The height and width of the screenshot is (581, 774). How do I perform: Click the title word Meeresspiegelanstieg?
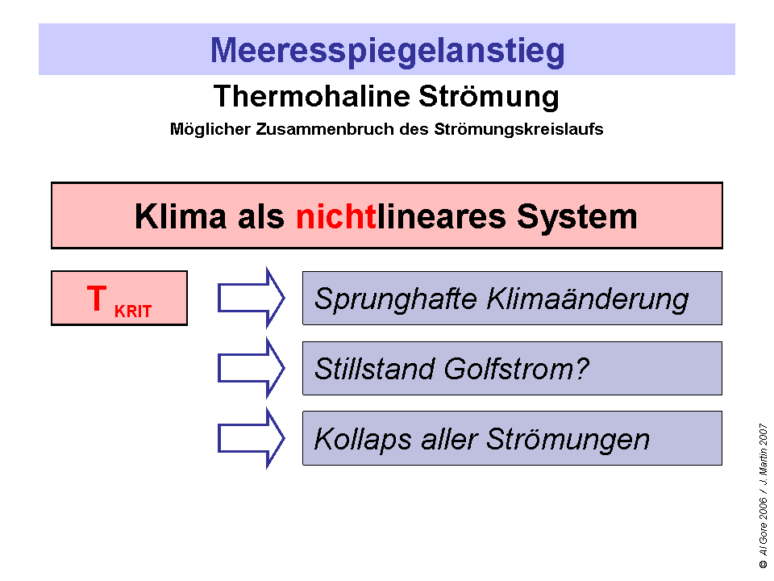[x=387, y=50]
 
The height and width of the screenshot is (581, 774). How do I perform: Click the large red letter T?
[x=96, y=299]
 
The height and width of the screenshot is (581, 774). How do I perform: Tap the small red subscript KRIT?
[x=133, y=311]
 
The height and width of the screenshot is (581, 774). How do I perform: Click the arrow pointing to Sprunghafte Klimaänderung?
[x=251, y=299]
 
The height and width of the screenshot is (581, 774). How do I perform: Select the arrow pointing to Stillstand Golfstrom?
[x=251, y=369]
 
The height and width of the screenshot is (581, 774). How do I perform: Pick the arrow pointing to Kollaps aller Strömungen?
[x=251, y=438]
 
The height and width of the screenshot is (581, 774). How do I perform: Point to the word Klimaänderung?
[x=588, y=299]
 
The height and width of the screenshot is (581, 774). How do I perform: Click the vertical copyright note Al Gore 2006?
[x=762, y=529]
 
